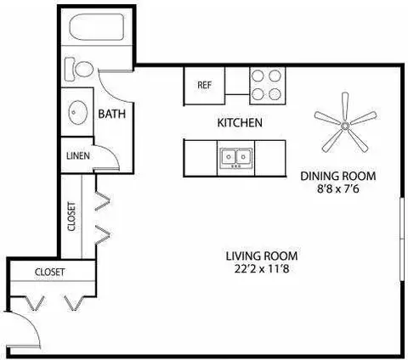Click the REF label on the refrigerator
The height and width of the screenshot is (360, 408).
pyautogui.click(x=204, y=85)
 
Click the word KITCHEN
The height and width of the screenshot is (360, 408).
pyautogui.click(x=240, y=123)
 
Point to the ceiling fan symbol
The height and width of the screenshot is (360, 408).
pyautogui.click(x=345, y=126)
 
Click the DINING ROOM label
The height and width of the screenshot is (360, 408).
pyautogui.click(x=337, y=177)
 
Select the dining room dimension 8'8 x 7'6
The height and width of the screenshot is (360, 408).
pyautogui.click(x=337, y=190)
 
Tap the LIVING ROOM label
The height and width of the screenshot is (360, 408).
pyautogui.click(x=262, y=256)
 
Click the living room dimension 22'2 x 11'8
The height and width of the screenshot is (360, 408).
pyautogui.click(x=262, y=269)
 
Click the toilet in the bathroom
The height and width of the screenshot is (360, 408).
pyautogui.click(x=80, y=68)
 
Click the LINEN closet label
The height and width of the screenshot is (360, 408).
pyautogui.click(x=76, y=156)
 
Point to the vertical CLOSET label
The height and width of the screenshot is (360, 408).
pyautogui.click(x=71, y=217)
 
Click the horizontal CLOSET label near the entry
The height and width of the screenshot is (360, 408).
pyautogui.click(x=50, y=272)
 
